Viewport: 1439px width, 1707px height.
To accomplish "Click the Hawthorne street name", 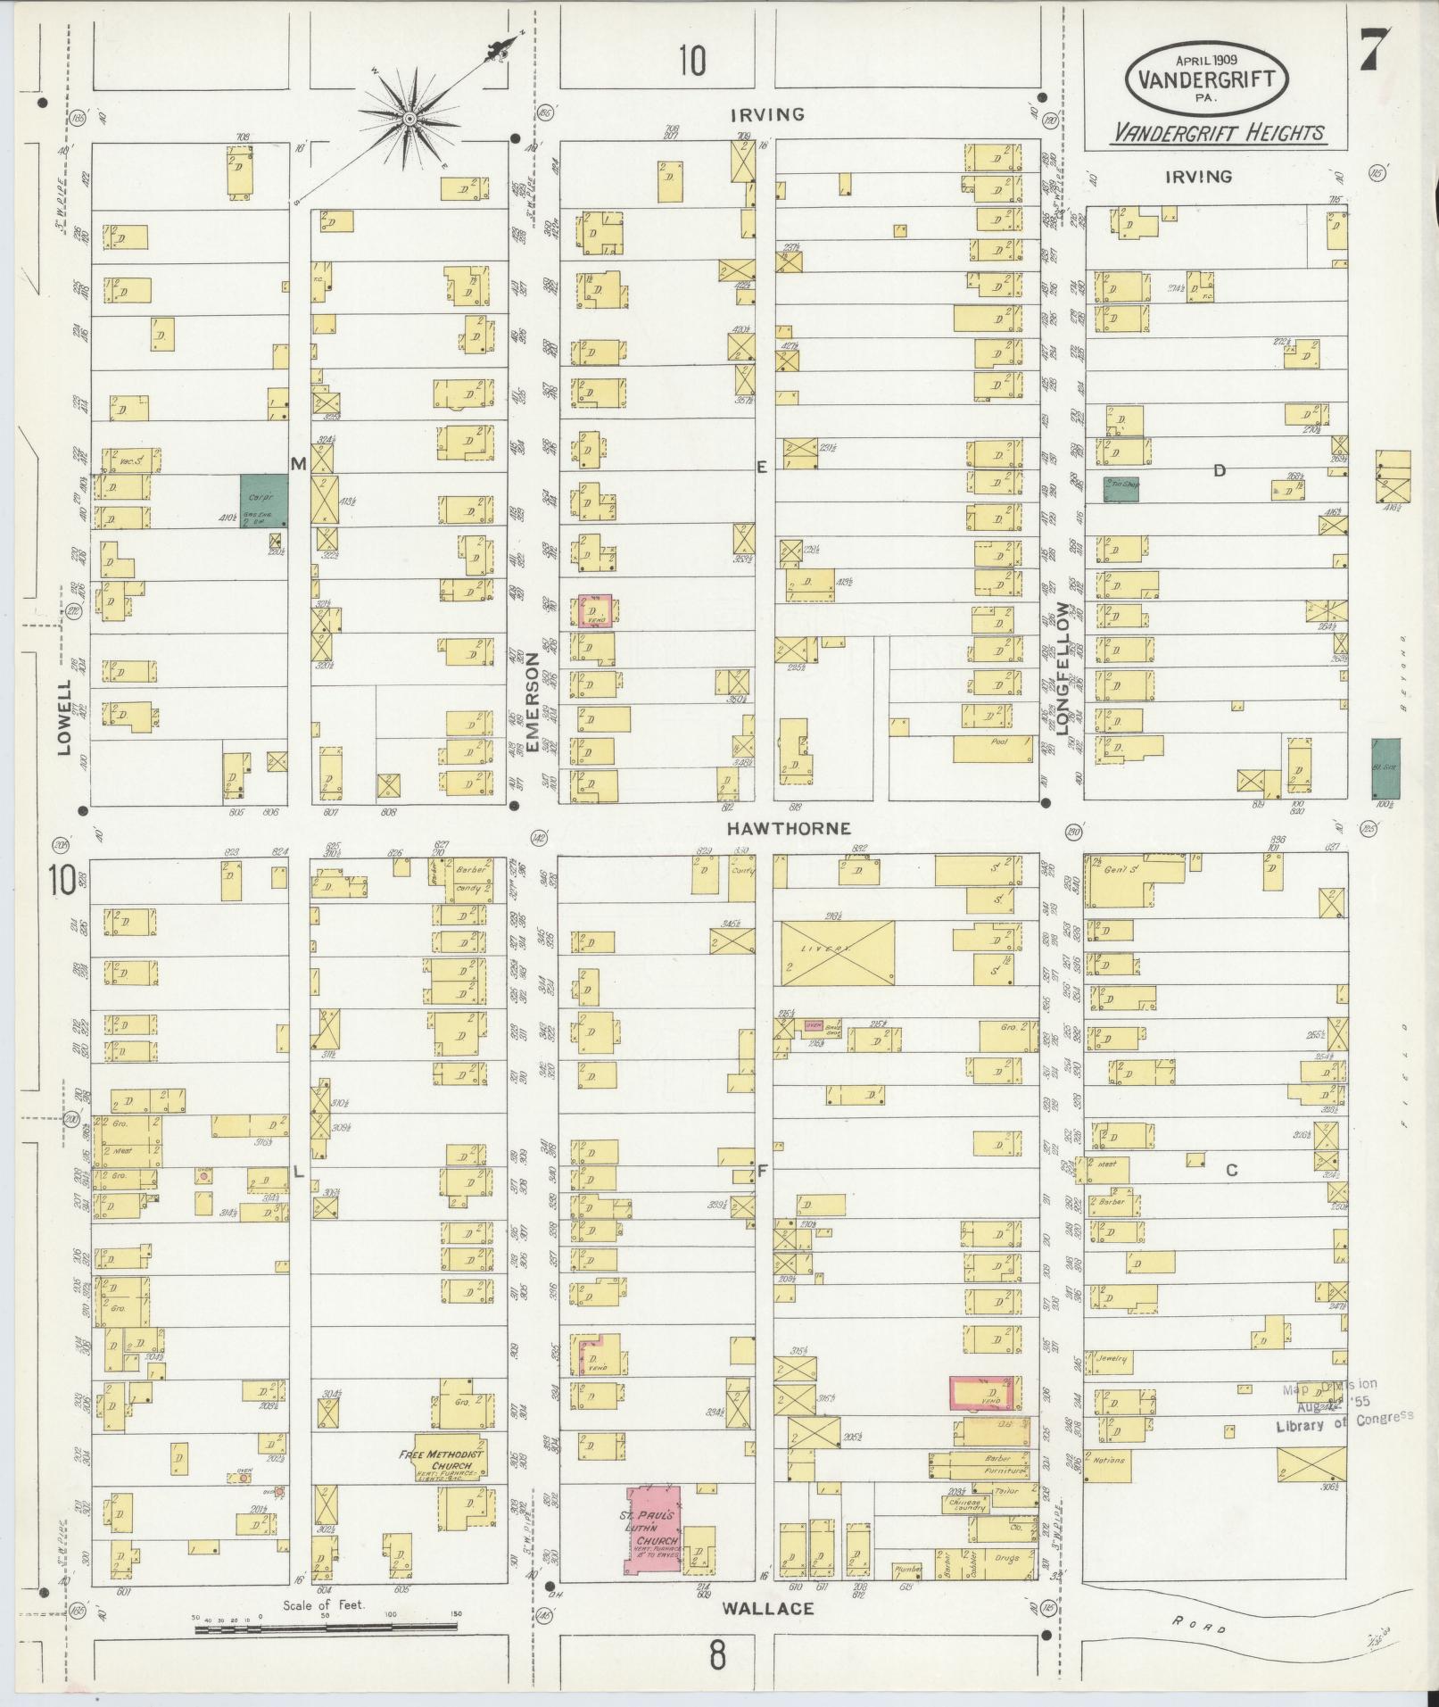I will coord(774,828).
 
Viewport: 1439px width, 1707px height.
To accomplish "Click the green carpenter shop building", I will coord(263,500).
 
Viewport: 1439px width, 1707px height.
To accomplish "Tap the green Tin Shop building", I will coord(1121,489).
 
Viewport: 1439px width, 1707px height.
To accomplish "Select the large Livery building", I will coord(837,953).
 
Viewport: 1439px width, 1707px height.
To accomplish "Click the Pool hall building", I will coord(997,749).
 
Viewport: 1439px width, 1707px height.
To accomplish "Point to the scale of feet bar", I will coord(326,1628).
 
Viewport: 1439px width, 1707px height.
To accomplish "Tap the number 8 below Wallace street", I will coord(717,1655).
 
